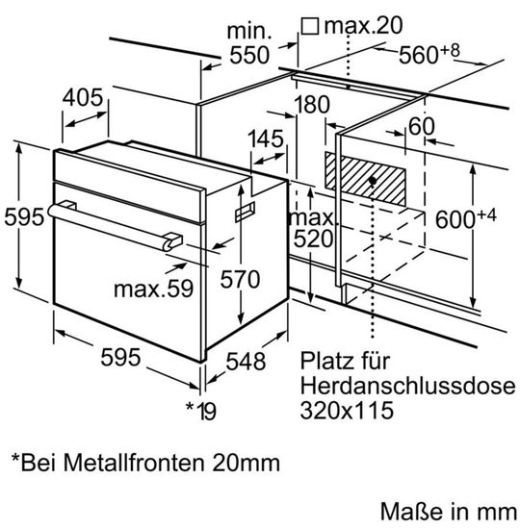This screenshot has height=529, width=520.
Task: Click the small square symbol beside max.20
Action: [309, 24]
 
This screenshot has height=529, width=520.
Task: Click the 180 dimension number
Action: [311, 105]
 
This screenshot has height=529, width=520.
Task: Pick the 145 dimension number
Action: [265, 139]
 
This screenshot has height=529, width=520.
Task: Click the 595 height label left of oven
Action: [24, 217]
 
